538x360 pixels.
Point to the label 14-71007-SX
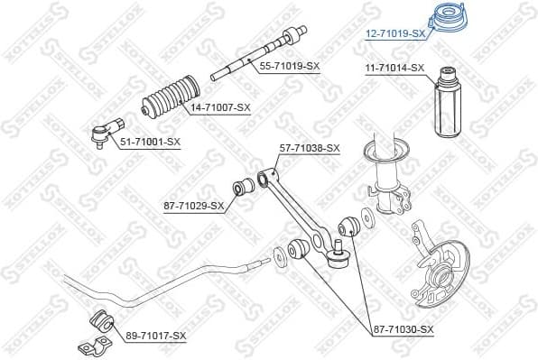[x=219, y=107]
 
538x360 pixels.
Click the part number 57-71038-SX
[x=310, y=147]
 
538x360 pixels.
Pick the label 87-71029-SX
[x=193, y=207]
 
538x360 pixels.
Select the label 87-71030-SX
[x=403, y=330]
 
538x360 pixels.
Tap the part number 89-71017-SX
[x=156, y=336]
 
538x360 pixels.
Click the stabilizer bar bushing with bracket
[x=100, y=328]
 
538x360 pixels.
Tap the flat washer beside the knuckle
[x=366, y=217]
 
